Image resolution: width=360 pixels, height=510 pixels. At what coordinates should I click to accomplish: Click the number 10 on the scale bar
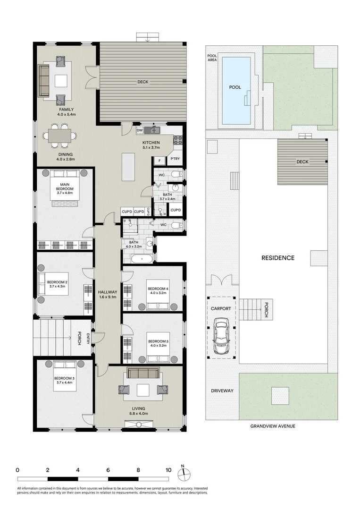168,470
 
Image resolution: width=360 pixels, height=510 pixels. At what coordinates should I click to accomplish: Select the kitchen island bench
129,166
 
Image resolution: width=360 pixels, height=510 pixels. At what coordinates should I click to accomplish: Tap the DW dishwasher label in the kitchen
139,130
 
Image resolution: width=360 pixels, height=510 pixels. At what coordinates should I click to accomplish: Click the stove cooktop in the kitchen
179,140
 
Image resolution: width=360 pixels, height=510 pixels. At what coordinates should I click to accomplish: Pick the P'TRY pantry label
175,159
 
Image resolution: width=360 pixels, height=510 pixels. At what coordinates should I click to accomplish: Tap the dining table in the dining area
60,136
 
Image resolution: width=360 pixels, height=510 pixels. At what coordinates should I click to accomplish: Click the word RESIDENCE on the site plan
278,258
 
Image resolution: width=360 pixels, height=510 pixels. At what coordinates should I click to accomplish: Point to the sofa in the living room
143,374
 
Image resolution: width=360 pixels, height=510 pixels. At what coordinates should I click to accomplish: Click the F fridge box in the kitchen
159,161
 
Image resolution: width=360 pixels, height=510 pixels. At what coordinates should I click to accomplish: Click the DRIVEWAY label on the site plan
222,391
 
